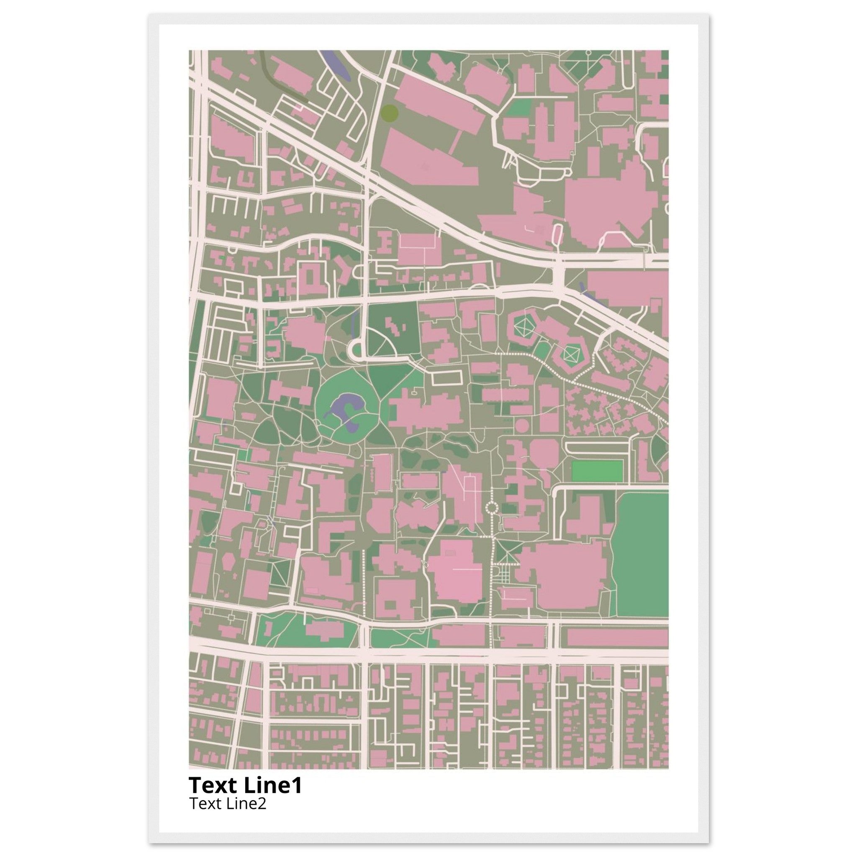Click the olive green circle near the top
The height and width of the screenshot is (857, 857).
[390, 113]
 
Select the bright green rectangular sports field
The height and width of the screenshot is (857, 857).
[597, 471]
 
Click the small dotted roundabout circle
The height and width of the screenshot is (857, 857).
[492, 508]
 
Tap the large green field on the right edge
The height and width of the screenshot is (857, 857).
[641, 554]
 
